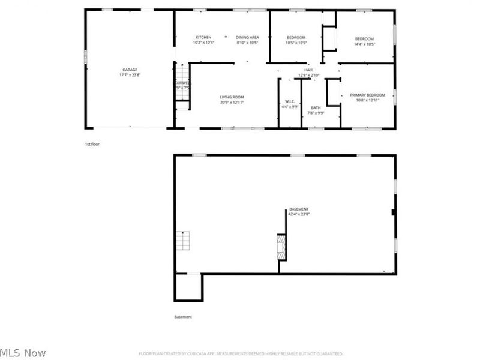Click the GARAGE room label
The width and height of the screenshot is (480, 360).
130,70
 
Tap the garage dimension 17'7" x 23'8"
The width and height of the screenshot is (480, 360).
130,76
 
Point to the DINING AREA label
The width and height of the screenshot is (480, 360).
247,37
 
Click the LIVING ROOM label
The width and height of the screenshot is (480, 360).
232,97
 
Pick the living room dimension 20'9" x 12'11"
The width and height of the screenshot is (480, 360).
232,103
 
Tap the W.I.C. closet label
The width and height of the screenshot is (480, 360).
290,101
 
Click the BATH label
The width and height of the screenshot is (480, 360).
316,107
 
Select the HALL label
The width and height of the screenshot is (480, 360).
309,70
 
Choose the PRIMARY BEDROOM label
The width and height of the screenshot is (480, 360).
367,95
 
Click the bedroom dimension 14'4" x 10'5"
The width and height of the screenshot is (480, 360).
364,44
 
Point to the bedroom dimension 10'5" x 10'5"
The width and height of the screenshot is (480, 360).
296,43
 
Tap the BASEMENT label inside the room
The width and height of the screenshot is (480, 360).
299,208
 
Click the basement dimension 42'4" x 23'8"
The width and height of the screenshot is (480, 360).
299,214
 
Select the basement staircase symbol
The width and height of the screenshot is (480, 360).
182,241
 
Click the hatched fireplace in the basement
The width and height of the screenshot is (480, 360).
280,247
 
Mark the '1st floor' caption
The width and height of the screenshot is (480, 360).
92,145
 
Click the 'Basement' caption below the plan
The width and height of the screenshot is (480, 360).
183,317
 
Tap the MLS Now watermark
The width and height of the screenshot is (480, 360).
23,353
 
